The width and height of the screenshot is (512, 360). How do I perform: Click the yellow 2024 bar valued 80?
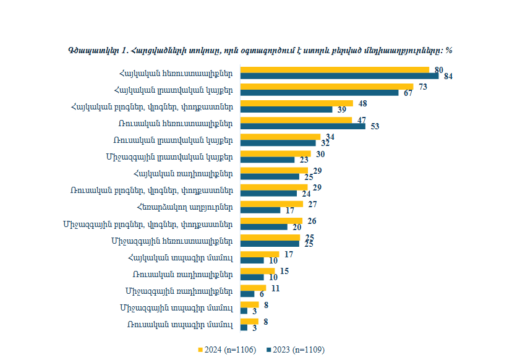pos(334,70)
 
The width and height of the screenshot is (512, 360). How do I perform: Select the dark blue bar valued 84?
pos(339,76)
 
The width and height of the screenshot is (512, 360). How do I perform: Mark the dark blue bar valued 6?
pos(247,294)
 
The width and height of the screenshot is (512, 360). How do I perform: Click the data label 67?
pos(408,93)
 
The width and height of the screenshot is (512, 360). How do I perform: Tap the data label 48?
pos(363,103)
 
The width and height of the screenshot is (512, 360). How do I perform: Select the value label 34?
pos(330,136)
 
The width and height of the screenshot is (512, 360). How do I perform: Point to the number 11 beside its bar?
pos(276,288)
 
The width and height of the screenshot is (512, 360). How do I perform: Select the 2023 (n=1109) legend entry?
pos(295,350)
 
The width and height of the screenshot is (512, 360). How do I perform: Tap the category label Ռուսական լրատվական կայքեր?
pos(175,140)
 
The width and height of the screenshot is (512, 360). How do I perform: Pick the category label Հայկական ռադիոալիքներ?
pos(183,173)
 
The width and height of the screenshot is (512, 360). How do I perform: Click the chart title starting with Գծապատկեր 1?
pos(260,50)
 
